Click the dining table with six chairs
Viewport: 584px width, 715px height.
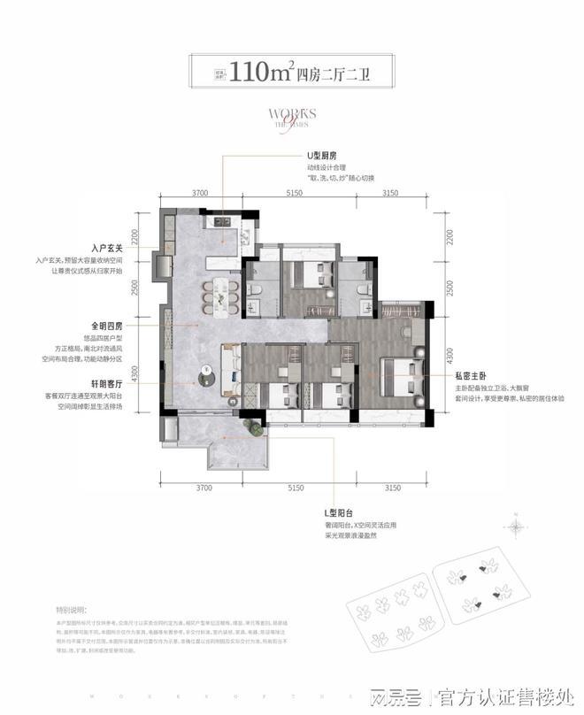point(219,294)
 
